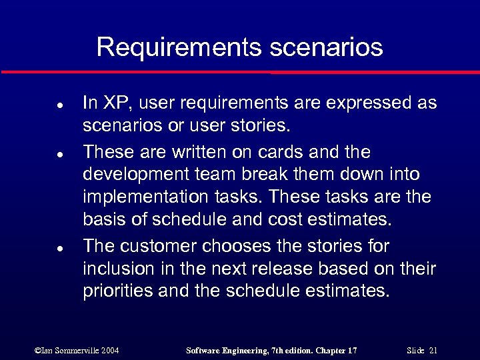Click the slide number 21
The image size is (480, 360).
(x=433, y=350)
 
